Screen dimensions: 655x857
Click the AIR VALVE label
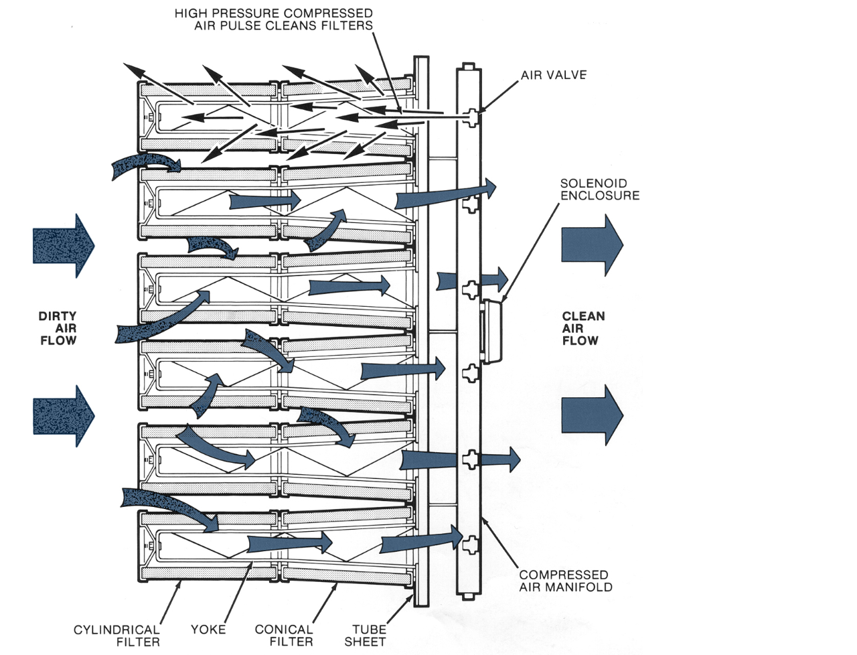coord(554,75)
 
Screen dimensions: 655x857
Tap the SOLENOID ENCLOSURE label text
coord(599,190)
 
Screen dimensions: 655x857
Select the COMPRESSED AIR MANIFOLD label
coord(565,581)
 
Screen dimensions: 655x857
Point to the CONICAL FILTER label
coord(283,636)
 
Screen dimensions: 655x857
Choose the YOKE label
coord(208,630)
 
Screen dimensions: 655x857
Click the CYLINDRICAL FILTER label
coord(117,636)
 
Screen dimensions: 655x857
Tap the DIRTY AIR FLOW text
coord(58,328)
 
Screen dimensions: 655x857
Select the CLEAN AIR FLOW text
coord(582,328)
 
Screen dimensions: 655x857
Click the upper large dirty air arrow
coord(64,246)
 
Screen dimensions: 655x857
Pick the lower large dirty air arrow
coord(64,415)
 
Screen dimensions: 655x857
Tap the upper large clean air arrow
coord(592,245)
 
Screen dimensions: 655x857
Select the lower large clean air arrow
coord(592,415)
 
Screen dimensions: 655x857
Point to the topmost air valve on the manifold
coord(473,117)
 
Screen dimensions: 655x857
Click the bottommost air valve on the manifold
coord(472,544)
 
